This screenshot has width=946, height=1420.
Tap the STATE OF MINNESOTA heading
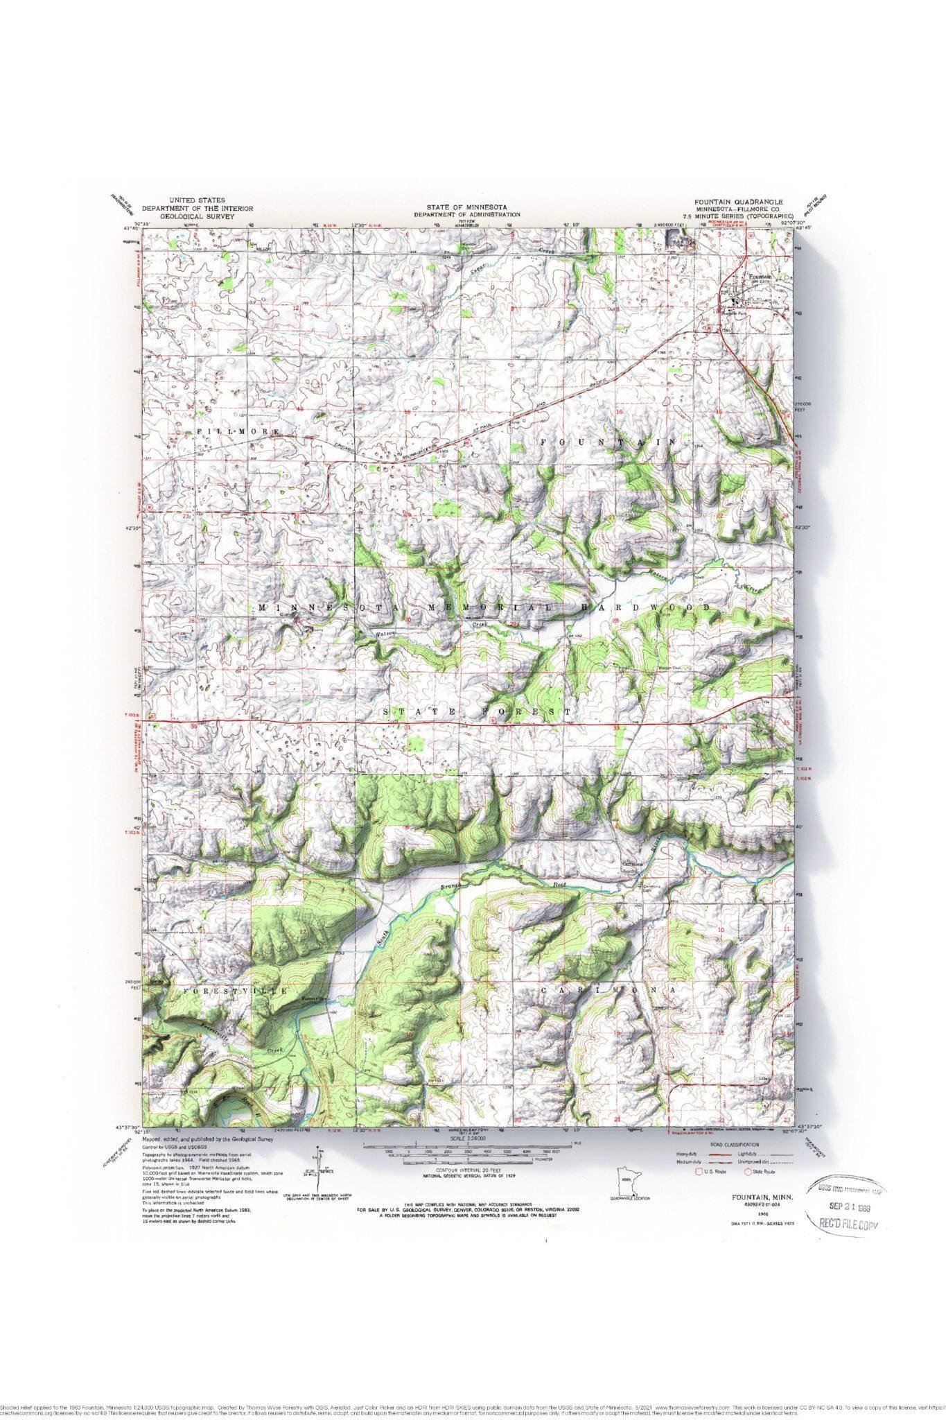pyautogui.click(x=467, y=207)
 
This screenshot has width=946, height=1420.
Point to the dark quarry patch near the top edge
pyautogui.click(x=674, y=239)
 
